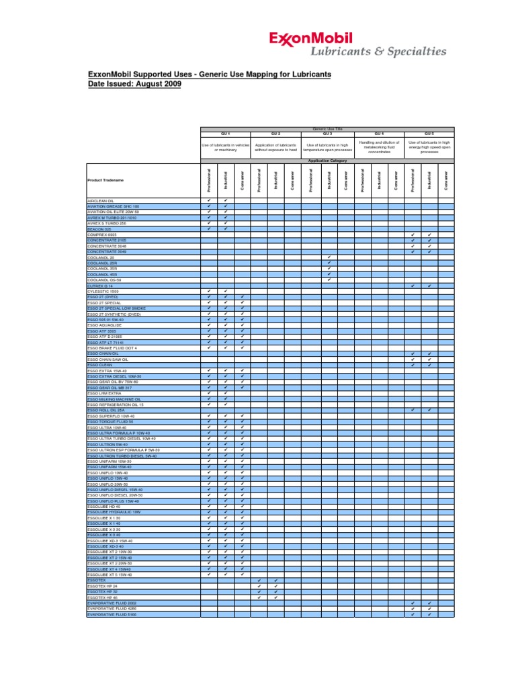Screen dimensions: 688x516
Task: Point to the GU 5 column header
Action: pos(429,134)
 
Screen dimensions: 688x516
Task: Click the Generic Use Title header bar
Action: pos(328,128)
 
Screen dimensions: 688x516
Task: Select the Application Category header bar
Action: pos(328,161)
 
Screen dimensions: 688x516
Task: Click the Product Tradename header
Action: pos(106,180)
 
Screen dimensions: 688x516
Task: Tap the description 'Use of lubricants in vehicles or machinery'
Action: pos(226,147)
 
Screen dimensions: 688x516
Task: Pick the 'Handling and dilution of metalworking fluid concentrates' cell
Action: pos(379,147)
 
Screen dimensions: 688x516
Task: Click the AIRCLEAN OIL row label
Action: pos(101,201)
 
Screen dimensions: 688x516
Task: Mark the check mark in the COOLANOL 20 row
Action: pos(329,257)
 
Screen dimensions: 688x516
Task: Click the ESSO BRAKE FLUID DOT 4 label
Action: pos(112,347)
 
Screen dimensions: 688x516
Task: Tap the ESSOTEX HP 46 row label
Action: pos(103,597)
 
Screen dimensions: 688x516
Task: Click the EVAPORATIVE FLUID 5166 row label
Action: pos(111,614)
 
